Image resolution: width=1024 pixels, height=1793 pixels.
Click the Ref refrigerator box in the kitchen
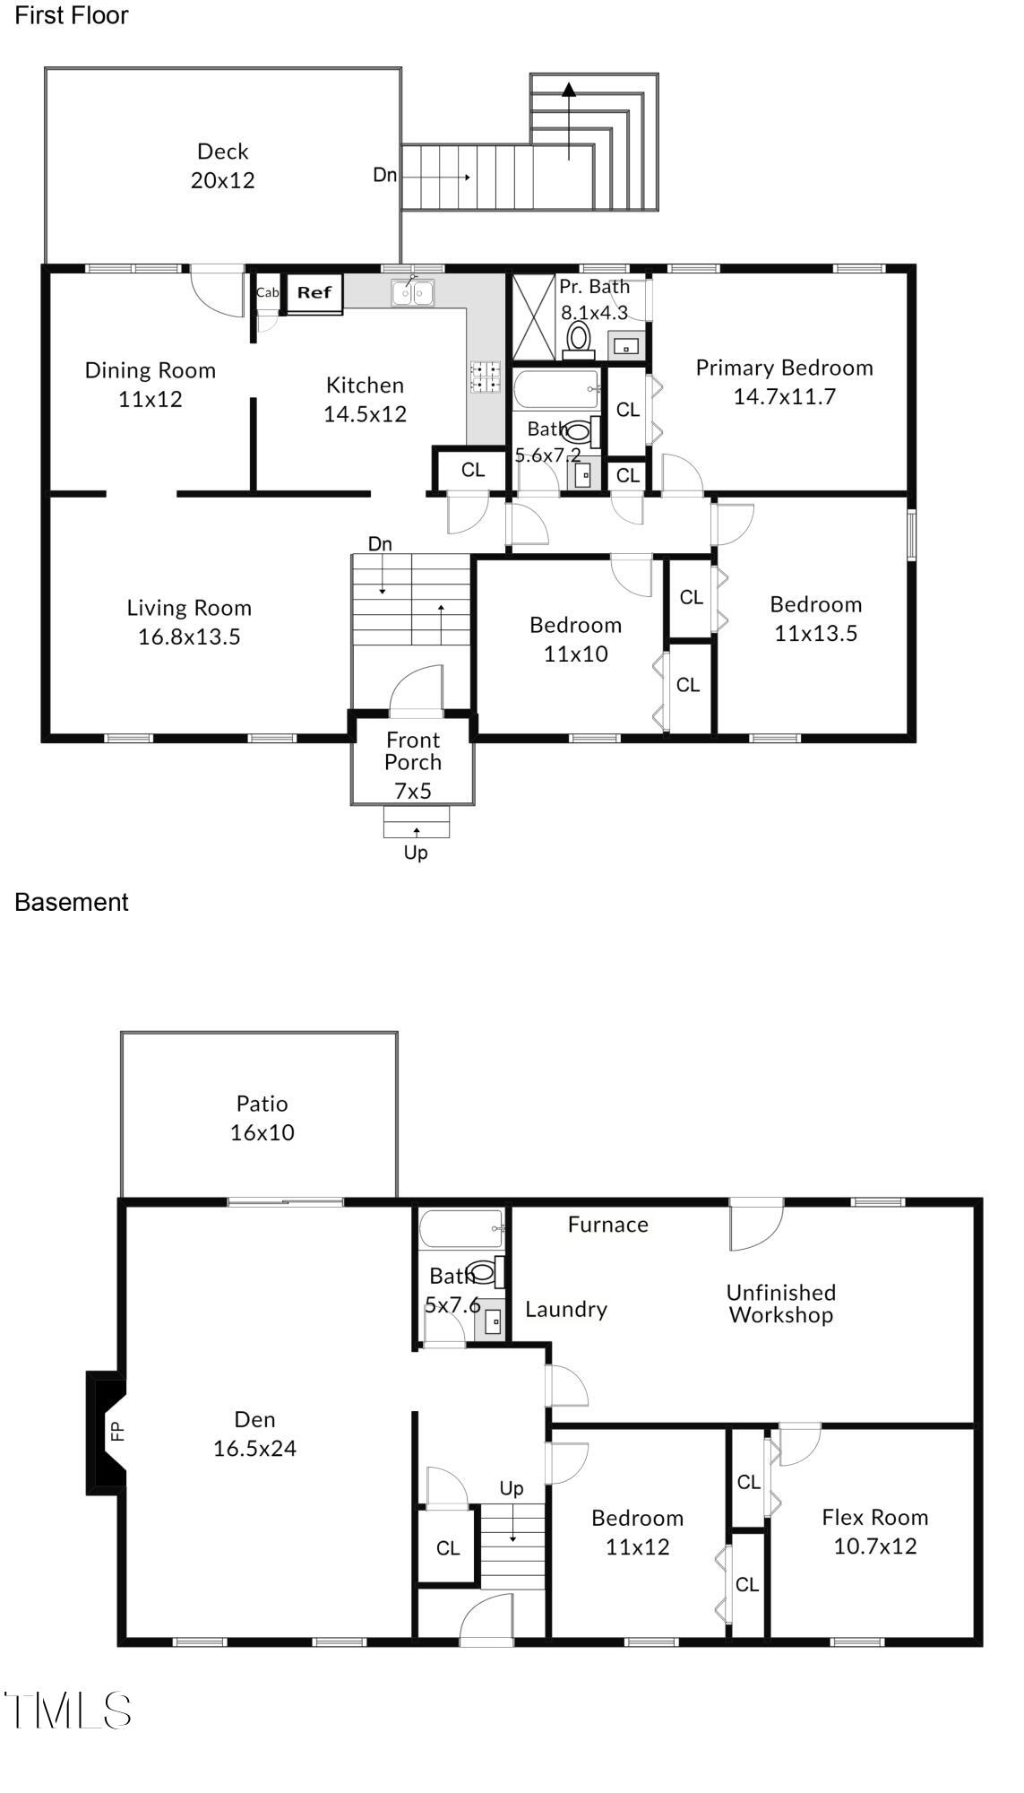point(314,293)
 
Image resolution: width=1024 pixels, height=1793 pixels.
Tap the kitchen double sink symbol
point(412,293)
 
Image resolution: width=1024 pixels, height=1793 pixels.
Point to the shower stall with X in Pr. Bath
point(533,316)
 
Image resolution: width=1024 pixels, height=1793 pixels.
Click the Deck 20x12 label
point(222,166)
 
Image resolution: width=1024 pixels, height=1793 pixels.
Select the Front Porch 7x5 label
point(413,765)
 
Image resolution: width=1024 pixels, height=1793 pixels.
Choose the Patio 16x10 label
point(262,1118)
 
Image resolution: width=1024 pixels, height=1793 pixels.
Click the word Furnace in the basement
point(607,1225)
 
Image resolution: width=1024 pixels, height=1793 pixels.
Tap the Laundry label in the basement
point(565,1309)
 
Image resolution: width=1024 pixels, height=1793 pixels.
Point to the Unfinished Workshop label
point(780,1304)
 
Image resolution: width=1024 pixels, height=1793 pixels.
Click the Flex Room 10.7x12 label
point(874,1531)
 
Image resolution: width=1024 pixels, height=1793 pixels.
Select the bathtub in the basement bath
point(461,1228)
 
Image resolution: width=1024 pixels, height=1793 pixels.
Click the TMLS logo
point(68,1711)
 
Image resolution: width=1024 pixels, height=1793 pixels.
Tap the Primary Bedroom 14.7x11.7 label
point(784,382)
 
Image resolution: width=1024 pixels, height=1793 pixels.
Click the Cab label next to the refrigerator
point(267,292)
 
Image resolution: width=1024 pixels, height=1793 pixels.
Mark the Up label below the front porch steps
point(416,853)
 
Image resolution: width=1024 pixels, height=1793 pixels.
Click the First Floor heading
point(72,15)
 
